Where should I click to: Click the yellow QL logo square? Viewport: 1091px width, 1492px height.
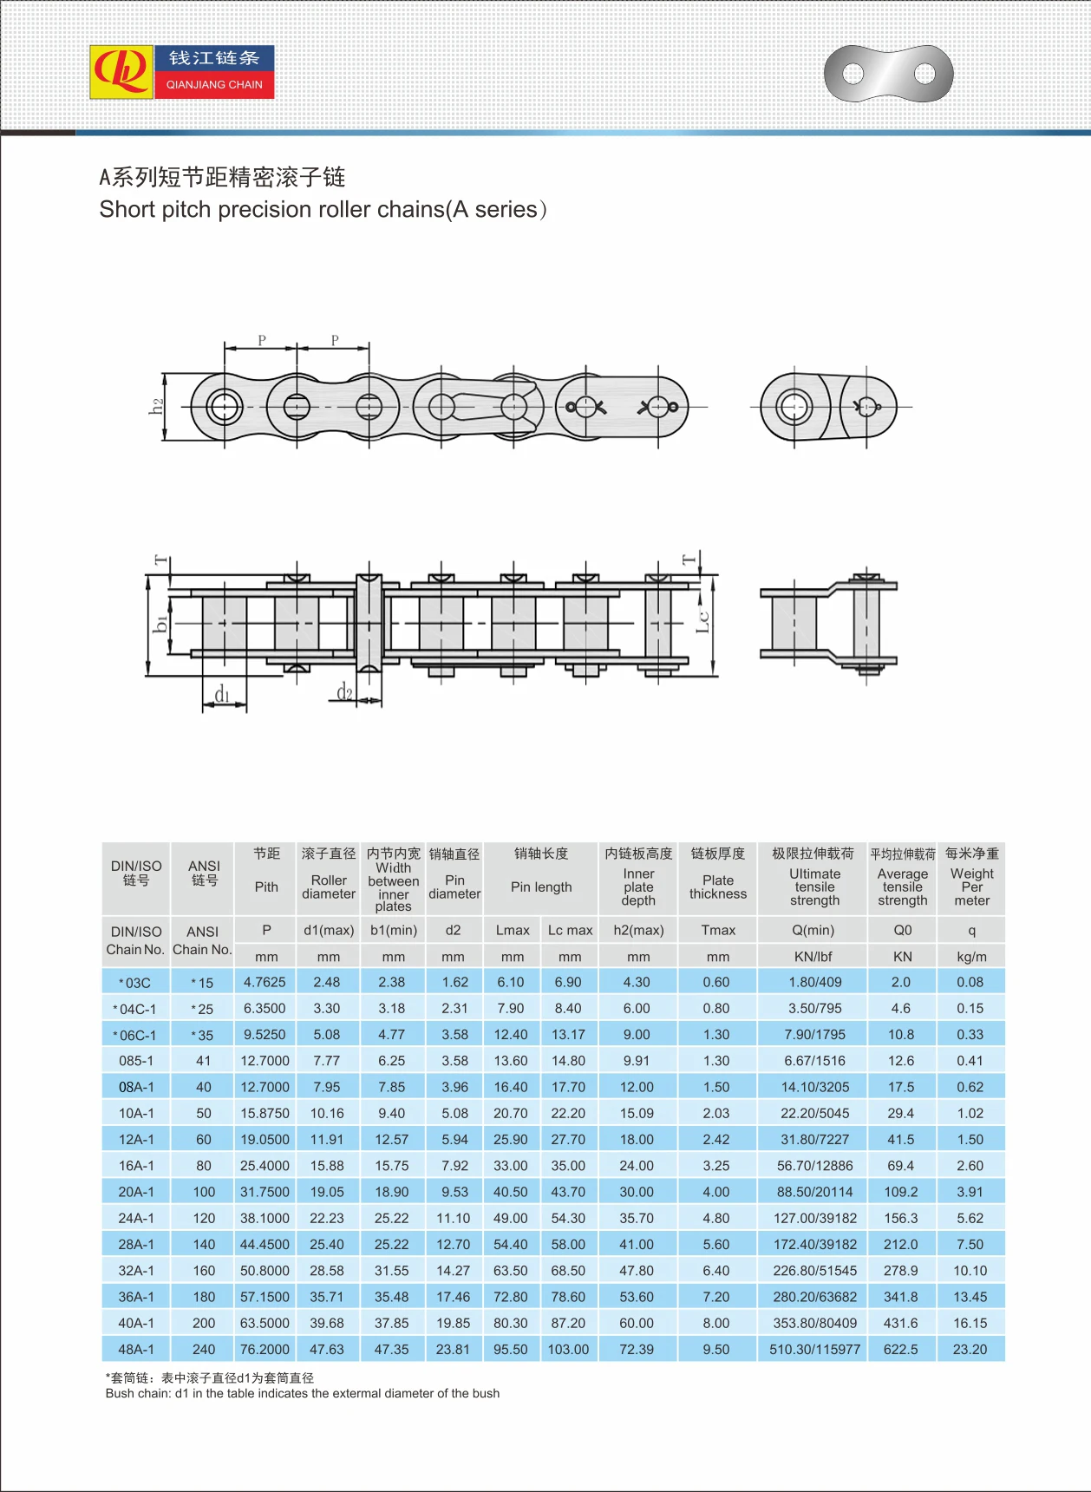click(121, 72)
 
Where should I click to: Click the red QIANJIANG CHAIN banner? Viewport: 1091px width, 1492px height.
click(214, 85)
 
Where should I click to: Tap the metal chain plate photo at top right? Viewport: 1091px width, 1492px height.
click(888, 74)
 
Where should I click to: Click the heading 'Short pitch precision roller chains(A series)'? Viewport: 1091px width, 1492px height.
click(323, 210)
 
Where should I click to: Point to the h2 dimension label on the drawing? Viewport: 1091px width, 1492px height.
click(156, 406)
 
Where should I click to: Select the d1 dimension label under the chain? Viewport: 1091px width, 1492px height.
click(223, 695)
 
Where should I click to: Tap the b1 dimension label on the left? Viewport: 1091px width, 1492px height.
click(160, 623)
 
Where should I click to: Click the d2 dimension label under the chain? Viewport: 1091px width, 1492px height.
click(345, 691)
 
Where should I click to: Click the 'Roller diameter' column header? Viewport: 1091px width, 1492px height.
click(328, 887)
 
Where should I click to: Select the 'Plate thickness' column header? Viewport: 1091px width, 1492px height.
click(717, 887)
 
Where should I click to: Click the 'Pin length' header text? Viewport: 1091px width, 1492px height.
click(541, 887)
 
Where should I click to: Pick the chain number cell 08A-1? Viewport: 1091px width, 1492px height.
click(136, 1087)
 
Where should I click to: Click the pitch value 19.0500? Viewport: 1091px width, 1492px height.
click(265, 1139)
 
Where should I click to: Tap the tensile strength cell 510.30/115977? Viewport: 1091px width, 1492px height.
click(814, 1350)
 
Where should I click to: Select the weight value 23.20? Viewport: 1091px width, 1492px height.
click(970, 1350)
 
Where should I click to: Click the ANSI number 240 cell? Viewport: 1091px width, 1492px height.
click(204, 1350)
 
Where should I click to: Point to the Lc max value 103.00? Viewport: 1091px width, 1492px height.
click(568, 1350)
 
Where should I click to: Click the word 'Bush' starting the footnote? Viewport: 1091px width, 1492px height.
click(120, 1393)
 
